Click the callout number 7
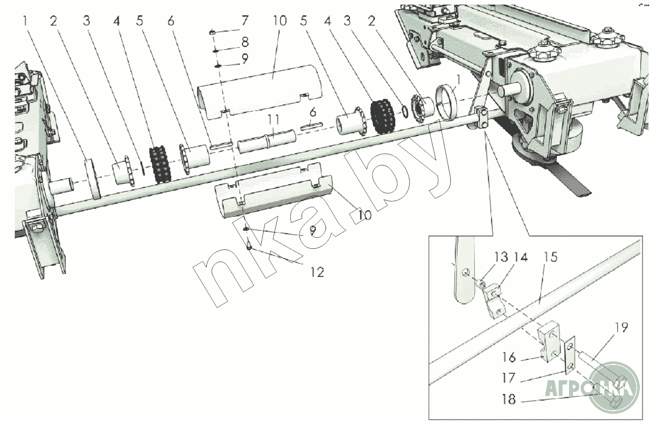(x=245, y=21)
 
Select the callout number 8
(x=245, y=41)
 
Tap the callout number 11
(x=274, y=121)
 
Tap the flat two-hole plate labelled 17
(x=569, y=356)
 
